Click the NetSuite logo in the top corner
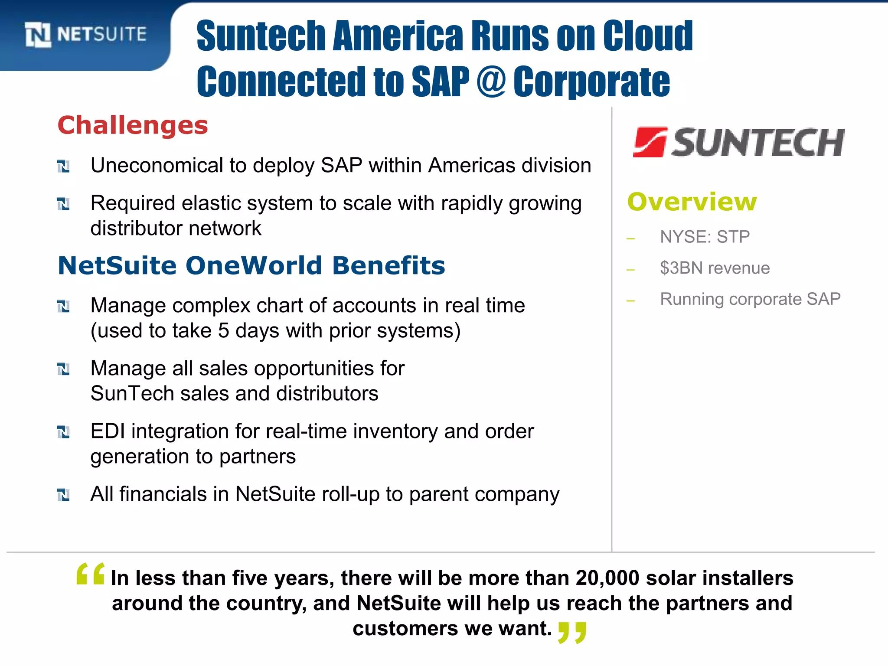pyautogui.click(x=85, y=34)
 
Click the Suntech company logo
pyautogui.click(x=738, y=142)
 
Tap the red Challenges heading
pyautogui.click(x=133, y=126)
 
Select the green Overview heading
pyautogui.click(x=692, y=202)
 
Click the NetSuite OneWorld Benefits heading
pyautogui.click(x=251, y=265)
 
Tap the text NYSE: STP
pyautogui.click(x=705, y=237)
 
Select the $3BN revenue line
pyautogui.click(x=715, y=268)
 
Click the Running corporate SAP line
pyautogui.click(x=750, y=299)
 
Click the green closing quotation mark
pyautogui.click(x=572, y=632)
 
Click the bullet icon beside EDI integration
pyautogui.click(x=63, y=432)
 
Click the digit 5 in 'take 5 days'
pyautogui.click(x=223, y=331)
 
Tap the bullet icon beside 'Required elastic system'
pyautogui.click(x=63, y=203)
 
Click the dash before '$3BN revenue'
pyautogui.click(x=631, y=270)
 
